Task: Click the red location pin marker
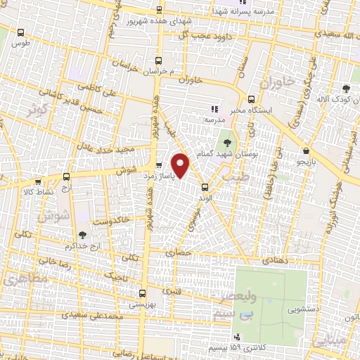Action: (x=181, y=165)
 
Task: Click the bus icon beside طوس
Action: (x=21, y=32)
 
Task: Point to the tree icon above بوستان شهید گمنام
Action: (x=226, y=140)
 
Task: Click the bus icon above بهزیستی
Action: (x=143, y=293)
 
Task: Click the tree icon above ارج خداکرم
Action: (x=83, y=236)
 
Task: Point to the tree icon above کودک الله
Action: (x=346, y=89)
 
